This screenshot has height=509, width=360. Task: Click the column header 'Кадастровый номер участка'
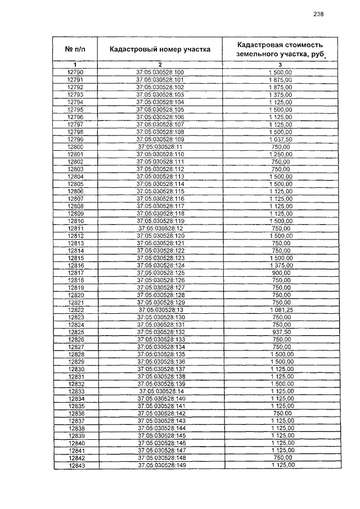pos(160,49)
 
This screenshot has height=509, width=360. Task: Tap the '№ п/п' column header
pos(75,49)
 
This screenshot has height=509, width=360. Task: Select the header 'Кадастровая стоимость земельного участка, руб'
pos(280,49)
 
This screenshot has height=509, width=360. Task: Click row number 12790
pos(75,73)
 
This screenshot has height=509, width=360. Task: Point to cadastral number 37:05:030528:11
pos(160,146)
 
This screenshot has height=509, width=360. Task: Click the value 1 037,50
pos(281,139)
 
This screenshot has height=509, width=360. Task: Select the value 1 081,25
pos(281,310)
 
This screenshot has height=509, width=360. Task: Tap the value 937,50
pos(281,332)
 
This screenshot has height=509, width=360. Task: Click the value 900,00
pos(281,273)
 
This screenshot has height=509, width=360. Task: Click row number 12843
pos(75,466)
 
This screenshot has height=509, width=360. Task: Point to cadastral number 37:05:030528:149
pos(160,466)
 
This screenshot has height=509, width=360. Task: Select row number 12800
pos(75,146)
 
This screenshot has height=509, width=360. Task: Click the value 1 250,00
pos(281,154)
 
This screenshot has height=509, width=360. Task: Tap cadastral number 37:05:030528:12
pos(160,228)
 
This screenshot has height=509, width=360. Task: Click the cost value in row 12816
pos(281,265)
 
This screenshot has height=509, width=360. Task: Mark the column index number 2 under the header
pos(160,65)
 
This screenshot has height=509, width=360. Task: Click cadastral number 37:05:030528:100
pos(160,73)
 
